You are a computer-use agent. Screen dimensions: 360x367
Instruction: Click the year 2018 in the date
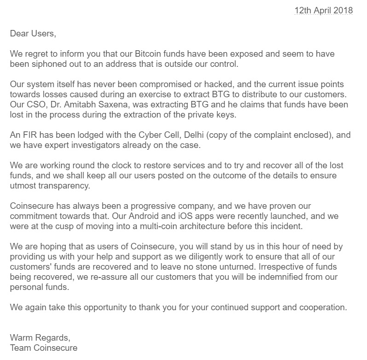point(343,10)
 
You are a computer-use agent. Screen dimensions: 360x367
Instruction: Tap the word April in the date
point(320,10)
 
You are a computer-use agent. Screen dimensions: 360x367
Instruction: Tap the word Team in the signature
point(21,348)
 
